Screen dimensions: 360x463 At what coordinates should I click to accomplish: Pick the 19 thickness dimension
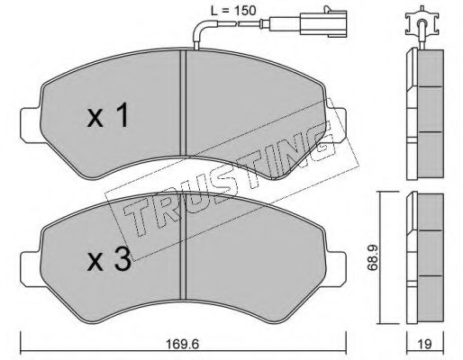[424, 344]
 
